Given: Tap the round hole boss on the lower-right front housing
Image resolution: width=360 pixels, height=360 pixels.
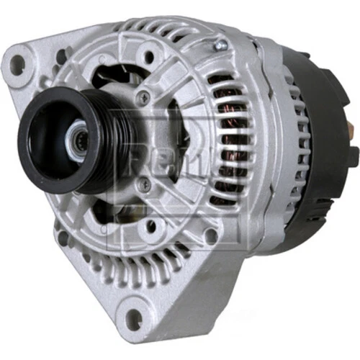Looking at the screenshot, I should [x=210, y=235].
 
